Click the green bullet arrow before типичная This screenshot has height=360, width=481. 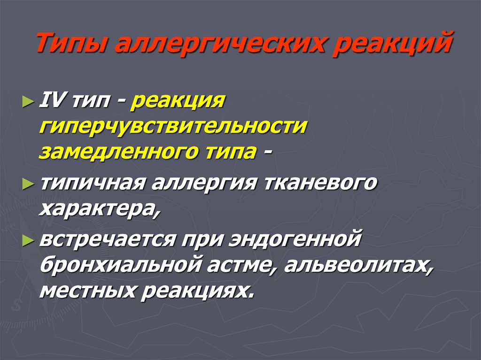29,184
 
